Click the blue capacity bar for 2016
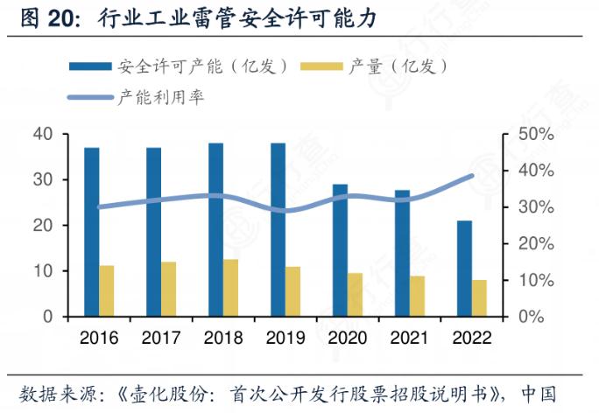click(x=92, y=232)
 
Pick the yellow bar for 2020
click(x=355, y=295)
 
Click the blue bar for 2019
click(x=278, y=229)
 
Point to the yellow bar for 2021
click(x=417, y=296)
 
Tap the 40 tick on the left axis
click(x=43, y=134)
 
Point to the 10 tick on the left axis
click(x=43, y=271)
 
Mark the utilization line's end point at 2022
click(x=472, y=176)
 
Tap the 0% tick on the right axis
click(x=529, y=317)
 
